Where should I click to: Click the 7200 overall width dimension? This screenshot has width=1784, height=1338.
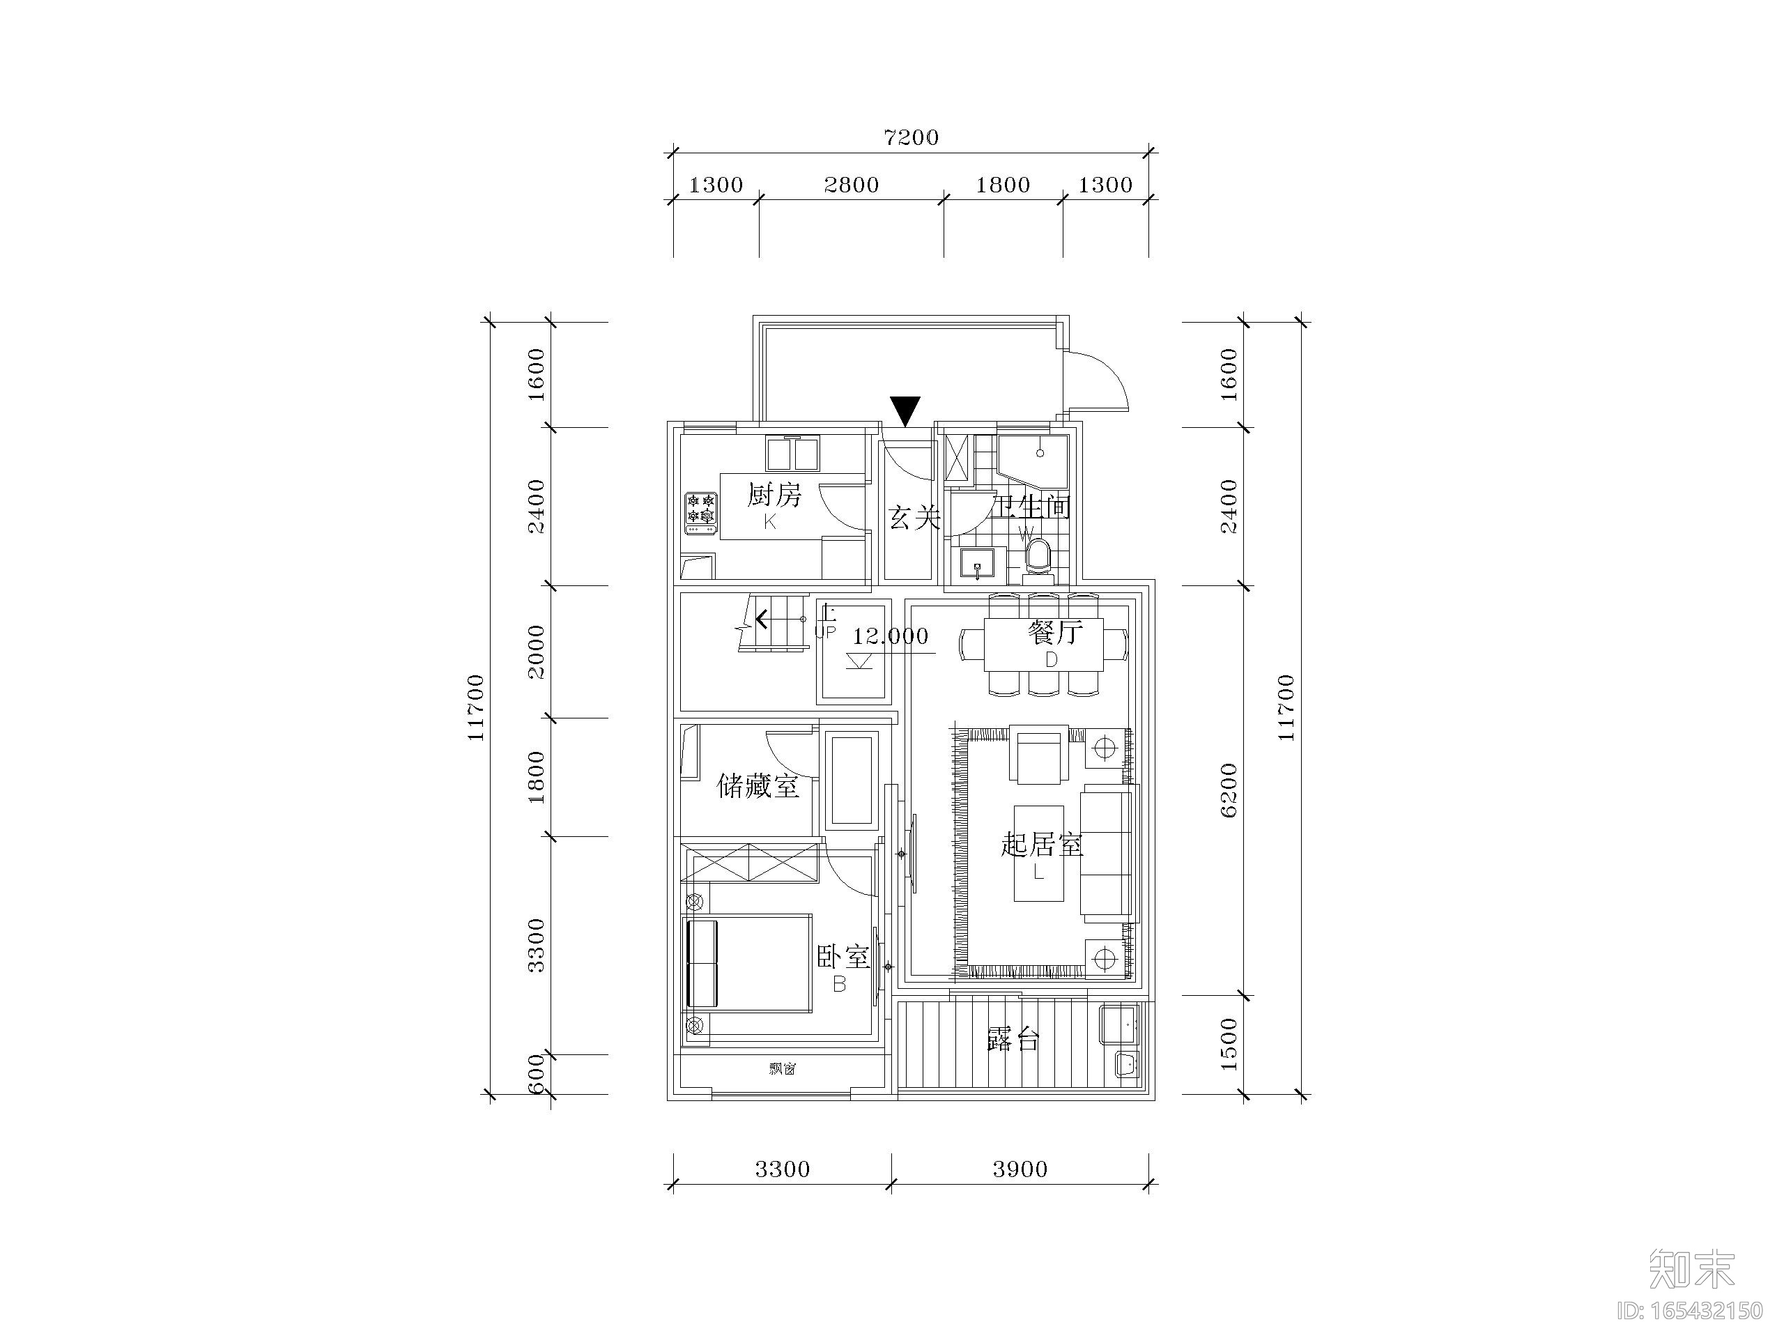[x=912, y=138]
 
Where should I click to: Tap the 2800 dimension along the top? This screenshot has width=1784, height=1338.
[x=851, y=185]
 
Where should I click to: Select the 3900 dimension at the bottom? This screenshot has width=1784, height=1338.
[x=1020, y=1169]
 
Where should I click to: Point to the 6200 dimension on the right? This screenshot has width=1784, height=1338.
[x=1229, y=790]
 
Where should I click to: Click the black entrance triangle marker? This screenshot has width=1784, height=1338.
[x=906, y=410]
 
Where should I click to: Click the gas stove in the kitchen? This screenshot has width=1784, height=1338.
[x=701, y=514]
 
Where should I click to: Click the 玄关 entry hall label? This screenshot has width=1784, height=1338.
[x=914, y=518]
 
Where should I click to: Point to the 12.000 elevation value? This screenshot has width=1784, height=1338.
[x=891, y=636]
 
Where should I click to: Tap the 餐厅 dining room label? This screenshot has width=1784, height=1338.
[x=1054, y=632]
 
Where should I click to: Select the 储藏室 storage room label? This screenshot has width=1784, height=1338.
[x=758, y=785]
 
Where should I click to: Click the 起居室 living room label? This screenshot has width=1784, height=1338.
[x=1041, y=845]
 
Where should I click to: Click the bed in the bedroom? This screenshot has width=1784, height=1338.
[x=748, y=963]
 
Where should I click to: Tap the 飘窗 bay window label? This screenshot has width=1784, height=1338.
[x=783, y=1070]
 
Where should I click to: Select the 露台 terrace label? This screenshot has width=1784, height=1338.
[x=1013, y=1040]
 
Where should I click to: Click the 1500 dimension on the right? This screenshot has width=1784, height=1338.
[x=1229, y=1045]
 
